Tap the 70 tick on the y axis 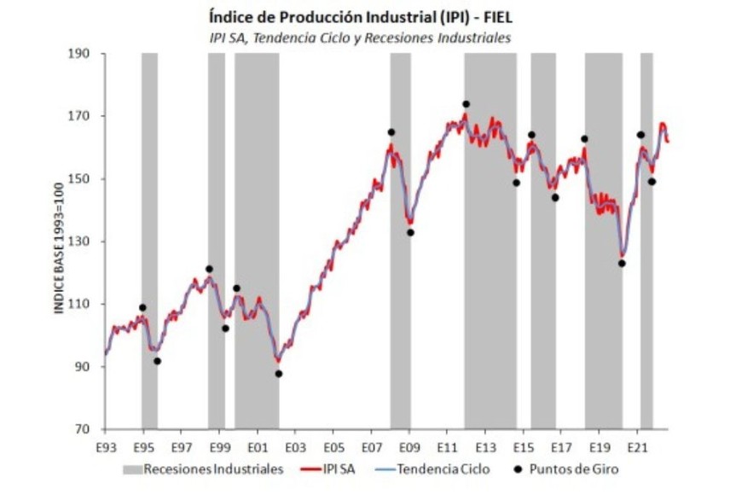tap(90, 429)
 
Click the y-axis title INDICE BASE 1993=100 tap(60, 242)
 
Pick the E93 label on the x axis tap(105, 446)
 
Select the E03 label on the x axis tap(295, 446)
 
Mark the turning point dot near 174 tap(466, 104)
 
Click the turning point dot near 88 tap(278, 373)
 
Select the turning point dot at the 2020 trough tap(622, 263)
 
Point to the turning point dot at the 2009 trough tap(410, 232)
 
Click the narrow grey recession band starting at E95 tap(149, 239)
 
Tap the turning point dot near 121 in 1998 tap(209, 269)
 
